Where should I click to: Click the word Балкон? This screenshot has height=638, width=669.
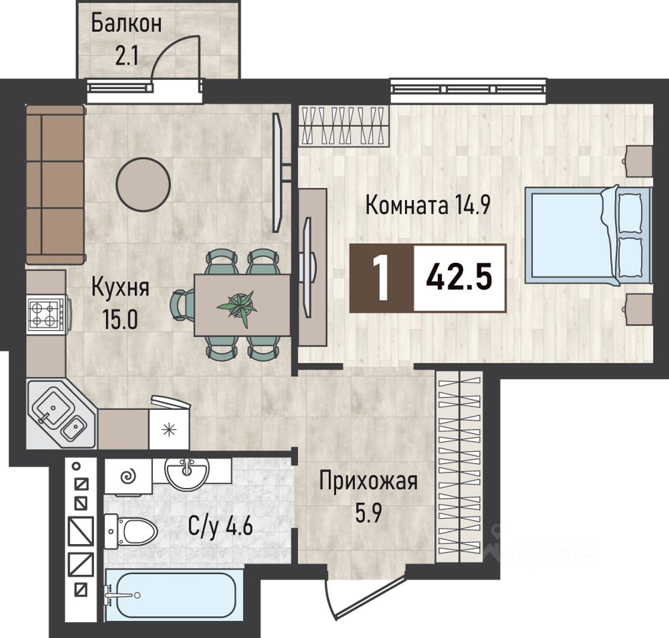[127, 23]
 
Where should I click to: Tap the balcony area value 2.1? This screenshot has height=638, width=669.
[127, 56]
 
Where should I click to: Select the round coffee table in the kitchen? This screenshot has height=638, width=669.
[144, 184]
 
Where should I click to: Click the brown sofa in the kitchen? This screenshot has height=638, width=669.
[55, 184]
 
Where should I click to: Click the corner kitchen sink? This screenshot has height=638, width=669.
[60, 414]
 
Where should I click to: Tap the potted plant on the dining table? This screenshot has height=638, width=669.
[237, 306]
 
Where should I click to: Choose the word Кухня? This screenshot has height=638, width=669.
[120, 288]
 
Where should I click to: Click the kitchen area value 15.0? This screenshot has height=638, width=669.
[120, 320]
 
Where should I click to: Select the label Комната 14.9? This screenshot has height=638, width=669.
[428, 205]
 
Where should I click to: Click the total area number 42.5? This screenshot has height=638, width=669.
[459, 277]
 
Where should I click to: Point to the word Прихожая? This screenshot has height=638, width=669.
[369, 482]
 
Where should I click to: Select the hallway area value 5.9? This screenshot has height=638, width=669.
[368, 513]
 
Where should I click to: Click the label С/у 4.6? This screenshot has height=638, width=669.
[221, 527]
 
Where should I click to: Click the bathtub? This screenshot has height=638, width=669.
[170, 595]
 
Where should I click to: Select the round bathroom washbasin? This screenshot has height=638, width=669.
[187, 473]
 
